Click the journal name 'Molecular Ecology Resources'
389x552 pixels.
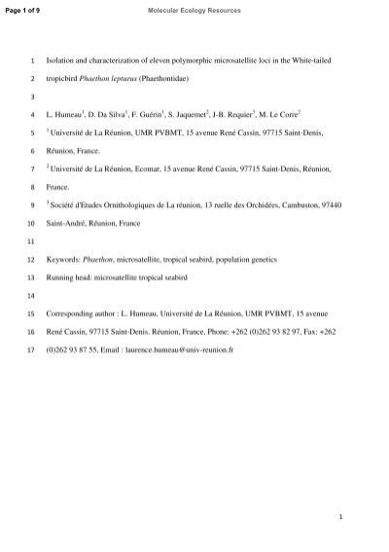pyautogui.click(x=194, y=9)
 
